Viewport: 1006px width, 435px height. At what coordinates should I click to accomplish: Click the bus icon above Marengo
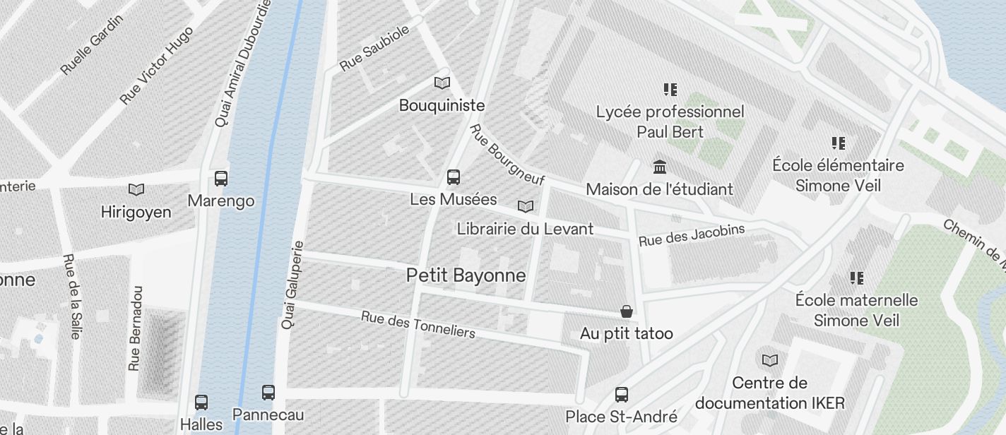point(221,178)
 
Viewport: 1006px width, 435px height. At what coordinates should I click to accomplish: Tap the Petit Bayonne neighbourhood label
point(466,275)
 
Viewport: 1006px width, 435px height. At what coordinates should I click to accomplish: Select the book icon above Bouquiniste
point(442,83)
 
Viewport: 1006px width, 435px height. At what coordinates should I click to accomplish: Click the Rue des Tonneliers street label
point(418,324)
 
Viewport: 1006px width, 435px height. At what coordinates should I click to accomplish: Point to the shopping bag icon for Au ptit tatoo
point(626,311)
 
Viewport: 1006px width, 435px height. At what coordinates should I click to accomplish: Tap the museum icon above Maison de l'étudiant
point(660,167)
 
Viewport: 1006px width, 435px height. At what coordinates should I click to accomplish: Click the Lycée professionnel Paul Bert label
point(670,121)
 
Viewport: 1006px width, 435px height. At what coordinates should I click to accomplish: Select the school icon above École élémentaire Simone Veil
point(838,143)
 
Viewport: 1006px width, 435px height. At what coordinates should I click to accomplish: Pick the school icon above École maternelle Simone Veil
point(856,278)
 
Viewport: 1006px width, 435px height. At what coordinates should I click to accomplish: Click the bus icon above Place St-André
point(622,394)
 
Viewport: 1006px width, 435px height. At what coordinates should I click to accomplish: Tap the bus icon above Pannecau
point(268,392)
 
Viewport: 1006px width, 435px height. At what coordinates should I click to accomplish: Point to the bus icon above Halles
point(201,403)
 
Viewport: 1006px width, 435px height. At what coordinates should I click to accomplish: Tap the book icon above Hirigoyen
point(136,189)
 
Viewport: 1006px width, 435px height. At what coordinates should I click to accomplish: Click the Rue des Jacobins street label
point(691,235)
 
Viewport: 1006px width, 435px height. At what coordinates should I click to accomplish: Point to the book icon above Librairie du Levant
point(525,206)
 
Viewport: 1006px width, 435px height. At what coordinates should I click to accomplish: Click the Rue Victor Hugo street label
point(156,66)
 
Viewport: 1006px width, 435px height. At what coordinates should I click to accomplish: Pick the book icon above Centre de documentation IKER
point(769,360)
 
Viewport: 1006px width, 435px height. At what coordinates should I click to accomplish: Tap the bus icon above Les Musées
point(454,177)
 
